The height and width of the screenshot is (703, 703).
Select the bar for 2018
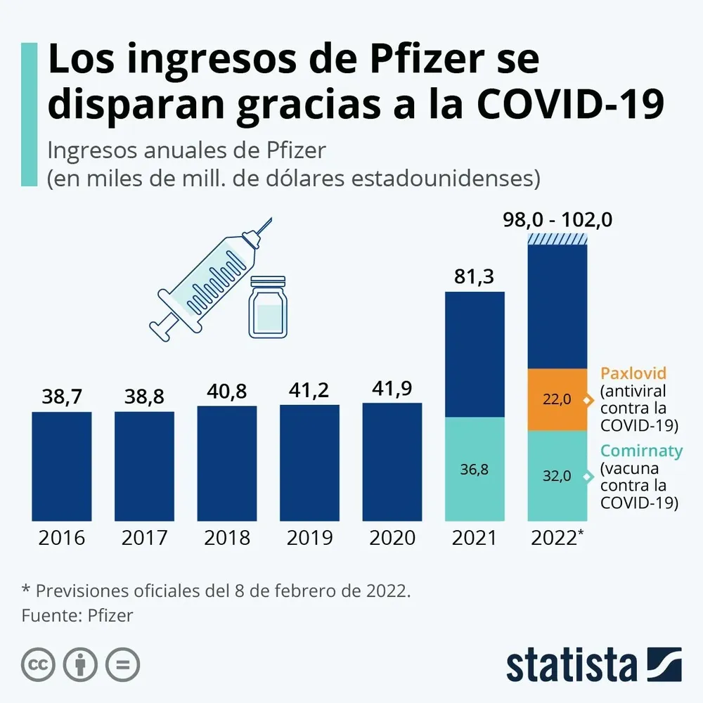click(x=227, y=463)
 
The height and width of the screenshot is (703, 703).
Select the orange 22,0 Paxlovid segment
click(x=557, y=399)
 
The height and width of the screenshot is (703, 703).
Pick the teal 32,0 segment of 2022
click(x=557, y=475)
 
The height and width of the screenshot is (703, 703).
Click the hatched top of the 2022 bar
click(x=557, y=239)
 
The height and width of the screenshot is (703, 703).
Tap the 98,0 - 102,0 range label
click(x=557, y=220)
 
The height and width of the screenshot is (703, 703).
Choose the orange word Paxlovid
click(x=633, y=373)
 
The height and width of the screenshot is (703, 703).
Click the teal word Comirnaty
click(x=640, y=451)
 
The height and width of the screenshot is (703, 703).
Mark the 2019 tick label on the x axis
click(x=310, y=538)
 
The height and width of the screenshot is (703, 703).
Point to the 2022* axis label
click(x=557, y=538)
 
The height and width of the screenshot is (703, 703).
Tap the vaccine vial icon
click(x=269, y=307)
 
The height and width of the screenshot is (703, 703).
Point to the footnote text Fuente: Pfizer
click(x=77, y=615)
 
